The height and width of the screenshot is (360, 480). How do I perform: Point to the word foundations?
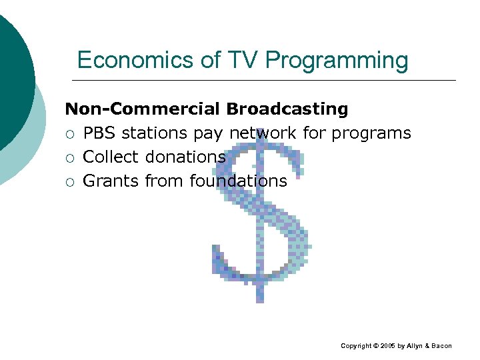tap(238, 181)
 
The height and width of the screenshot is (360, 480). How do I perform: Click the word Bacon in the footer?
tap(441, 346)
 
